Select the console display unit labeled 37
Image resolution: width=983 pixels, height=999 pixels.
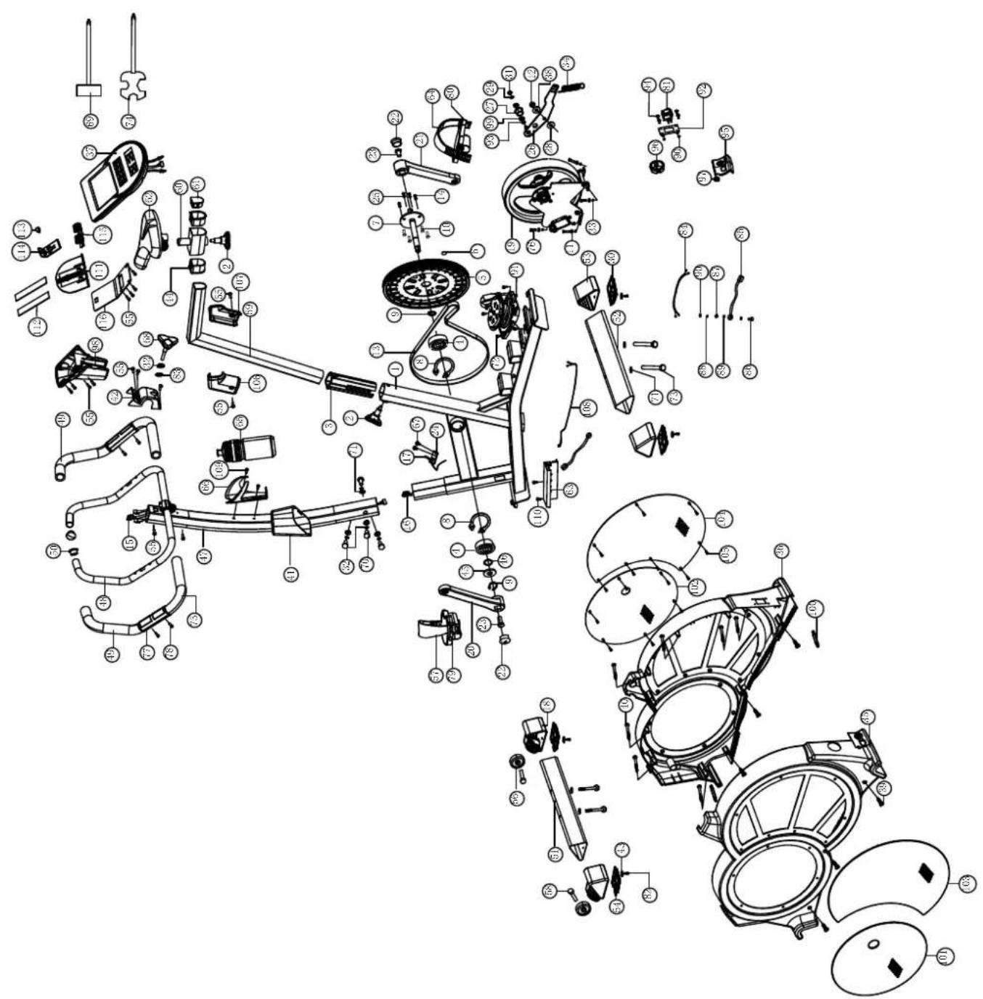click(x=113, y=177)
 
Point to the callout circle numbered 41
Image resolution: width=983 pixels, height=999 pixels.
click(x=290, y=574)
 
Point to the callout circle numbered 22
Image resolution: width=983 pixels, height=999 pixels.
click(x=394, y=118)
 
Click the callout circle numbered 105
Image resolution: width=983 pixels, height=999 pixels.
click(x=727, y=554)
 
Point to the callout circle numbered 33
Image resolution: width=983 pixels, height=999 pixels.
click(x=594, y=228)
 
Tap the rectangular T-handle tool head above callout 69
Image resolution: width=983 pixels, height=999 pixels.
click(x=89, y=90)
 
